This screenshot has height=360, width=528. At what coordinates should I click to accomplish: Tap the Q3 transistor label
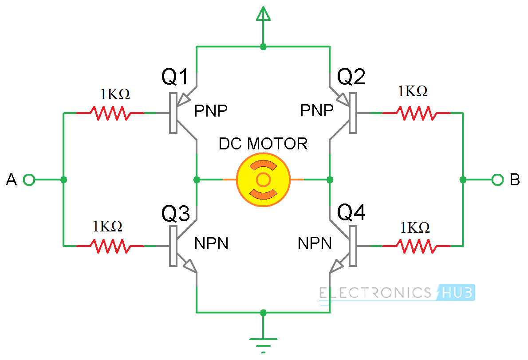pos(176,214)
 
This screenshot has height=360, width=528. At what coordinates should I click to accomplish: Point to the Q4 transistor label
pos(351,214)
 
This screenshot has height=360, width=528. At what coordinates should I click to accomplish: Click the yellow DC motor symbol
pos(263,180)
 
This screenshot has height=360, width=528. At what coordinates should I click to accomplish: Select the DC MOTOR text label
pos(263,144)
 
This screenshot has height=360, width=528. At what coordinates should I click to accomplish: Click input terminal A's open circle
pos(29,180)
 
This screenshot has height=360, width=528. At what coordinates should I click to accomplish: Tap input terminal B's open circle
pos(497,180)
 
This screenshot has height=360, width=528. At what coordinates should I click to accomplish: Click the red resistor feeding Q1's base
pos(110,113)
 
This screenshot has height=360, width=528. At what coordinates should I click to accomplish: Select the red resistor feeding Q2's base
pos(416,113)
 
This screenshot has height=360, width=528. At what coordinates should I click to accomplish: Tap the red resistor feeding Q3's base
pos(110,246)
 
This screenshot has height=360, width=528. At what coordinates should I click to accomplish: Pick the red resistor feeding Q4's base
pos(416,246)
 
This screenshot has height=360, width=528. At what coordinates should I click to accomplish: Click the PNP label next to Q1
pos(211,111)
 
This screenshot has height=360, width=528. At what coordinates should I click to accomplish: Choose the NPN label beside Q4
pos(315,243)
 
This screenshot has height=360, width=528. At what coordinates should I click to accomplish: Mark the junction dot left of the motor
pos(197,180)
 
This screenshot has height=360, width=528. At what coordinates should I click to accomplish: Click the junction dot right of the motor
pos(330,180)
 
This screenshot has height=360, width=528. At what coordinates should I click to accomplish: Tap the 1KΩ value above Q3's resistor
pos(107,227)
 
